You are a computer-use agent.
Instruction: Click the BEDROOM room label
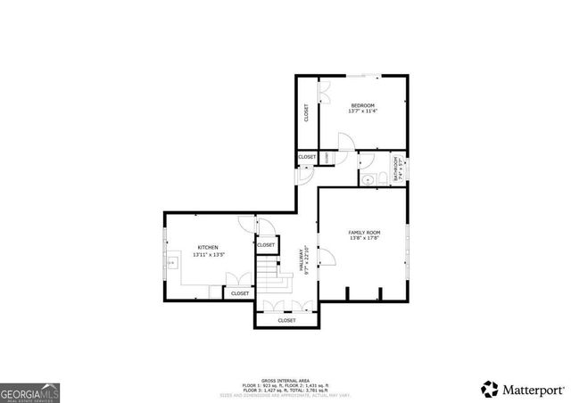362,105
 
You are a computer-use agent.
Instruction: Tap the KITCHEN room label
208,247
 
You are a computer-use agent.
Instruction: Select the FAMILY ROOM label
364,232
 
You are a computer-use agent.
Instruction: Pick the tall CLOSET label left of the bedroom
307,112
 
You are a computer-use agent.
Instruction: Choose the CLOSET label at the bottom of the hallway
286,320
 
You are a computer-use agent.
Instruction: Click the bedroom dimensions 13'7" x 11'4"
362,111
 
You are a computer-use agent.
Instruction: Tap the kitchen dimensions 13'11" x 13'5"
208,255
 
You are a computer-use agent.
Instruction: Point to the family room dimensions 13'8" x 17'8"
364,238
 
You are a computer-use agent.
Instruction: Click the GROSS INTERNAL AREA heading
286,378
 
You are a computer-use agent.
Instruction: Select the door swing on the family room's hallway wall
327,259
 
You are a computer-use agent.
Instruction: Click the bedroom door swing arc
344,141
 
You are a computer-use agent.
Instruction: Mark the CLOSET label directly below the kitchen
240,293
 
